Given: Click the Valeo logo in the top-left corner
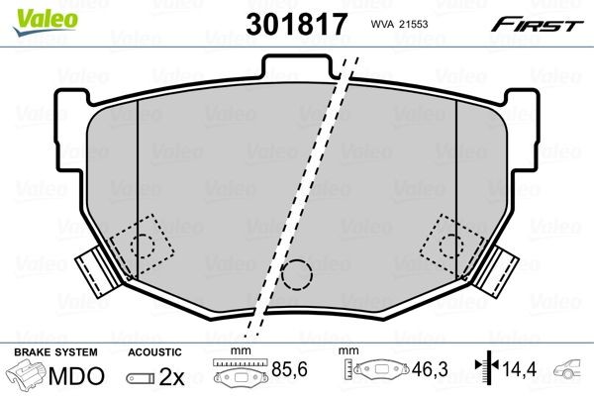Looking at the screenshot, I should pos(31,13).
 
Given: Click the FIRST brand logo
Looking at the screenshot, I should pos(549,24).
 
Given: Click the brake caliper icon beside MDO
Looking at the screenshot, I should pos(27,376).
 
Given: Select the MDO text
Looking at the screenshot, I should pos(74,377).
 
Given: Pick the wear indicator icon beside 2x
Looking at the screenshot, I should pos(143,378).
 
